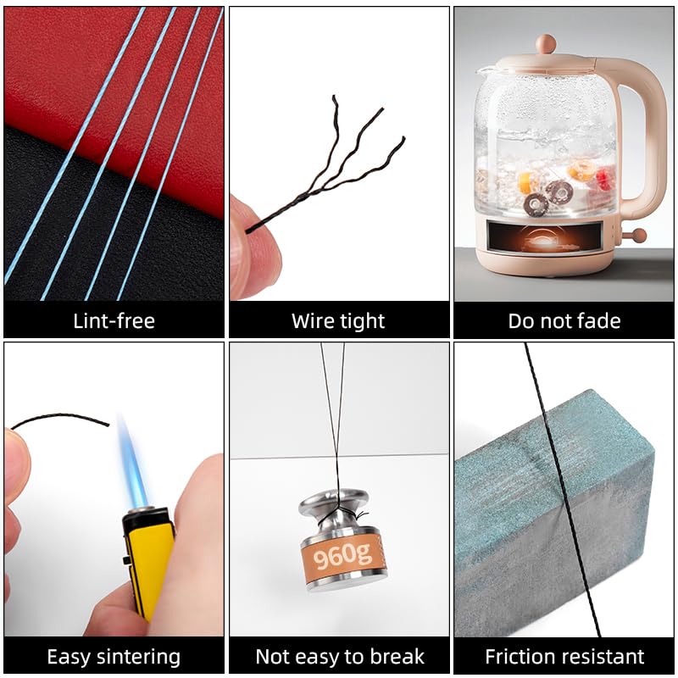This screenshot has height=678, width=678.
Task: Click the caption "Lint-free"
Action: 114,321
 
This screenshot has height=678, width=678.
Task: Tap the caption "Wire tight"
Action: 338,321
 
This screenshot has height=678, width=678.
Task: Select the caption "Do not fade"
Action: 564,321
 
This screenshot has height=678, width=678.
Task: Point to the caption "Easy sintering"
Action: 114,657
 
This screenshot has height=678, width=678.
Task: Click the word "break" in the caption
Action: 397,656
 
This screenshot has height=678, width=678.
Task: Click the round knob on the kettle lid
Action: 546,44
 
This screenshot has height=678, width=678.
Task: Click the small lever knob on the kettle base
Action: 638,236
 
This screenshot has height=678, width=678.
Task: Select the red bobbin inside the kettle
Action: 603,179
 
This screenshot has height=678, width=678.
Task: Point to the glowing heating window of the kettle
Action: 544,237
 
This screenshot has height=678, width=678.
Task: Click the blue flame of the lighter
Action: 134,464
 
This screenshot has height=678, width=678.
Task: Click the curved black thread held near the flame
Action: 60,416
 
